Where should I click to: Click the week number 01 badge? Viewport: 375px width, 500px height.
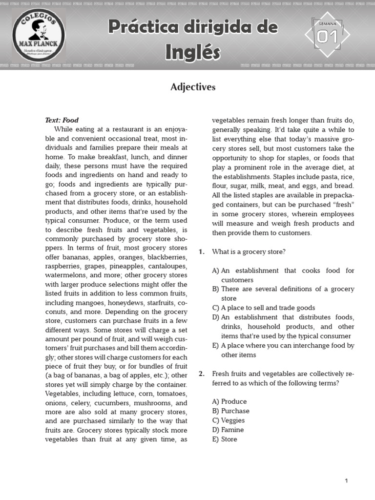coord(327,36)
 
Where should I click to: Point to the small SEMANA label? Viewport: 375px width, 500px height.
coord(327,23)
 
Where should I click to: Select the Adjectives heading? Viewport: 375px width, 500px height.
coord(192,87)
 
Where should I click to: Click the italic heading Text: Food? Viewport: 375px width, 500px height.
coord(62,120)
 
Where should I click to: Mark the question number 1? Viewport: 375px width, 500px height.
coord(201,251)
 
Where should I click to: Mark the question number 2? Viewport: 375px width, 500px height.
coord(201,374)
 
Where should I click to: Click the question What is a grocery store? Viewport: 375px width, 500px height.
coord(249,251)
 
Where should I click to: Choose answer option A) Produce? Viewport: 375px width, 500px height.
coord(229,401)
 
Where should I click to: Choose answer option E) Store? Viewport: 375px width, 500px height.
coord(225,439)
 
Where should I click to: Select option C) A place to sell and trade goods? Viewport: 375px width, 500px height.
coord(264,308)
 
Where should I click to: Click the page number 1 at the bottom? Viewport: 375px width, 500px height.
coord(346,481)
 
